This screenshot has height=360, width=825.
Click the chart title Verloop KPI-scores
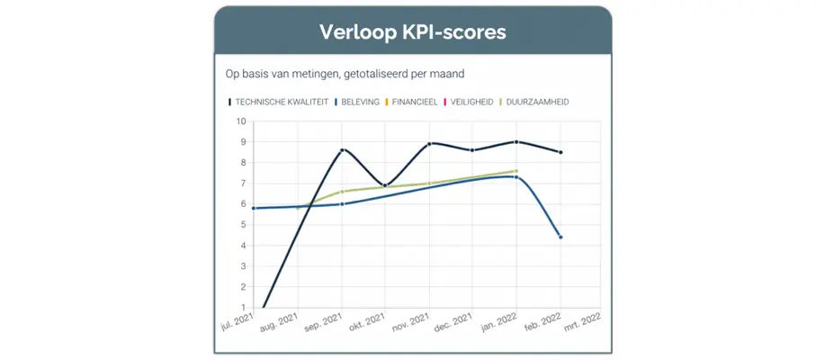click(412, 32)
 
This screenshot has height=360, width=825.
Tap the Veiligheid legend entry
click(471, 102)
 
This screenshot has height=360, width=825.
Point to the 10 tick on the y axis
click(241, 121)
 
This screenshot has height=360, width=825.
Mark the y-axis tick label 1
click(242, 308)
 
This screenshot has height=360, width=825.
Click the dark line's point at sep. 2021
click(342, 150)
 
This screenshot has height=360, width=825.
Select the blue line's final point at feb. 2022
click(560, 238)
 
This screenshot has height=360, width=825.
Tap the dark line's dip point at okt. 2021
click(385, 185)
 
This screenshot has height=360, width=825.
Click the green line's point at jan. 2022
click(516, 171)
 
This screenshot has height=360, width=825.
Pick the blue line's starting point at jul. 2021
click(255, 208)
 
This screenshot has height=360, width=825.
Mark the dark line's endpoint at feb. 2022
click(560, 152)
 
